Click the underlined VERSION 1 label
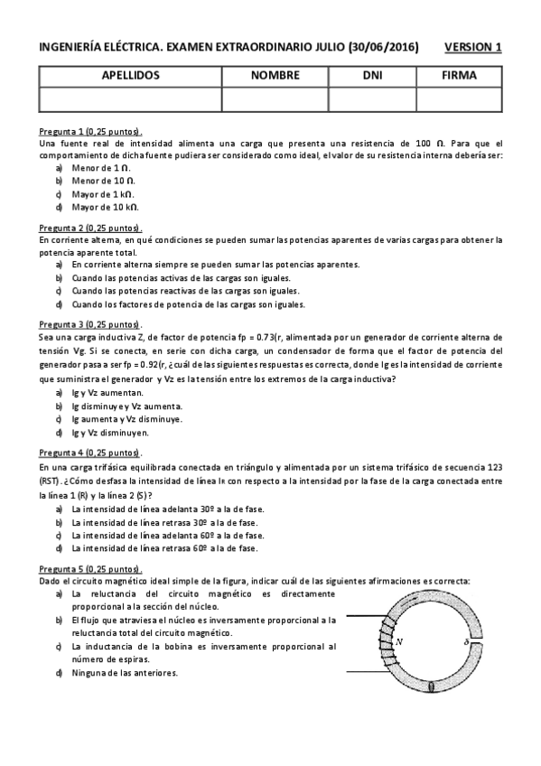pyautogui.click(x=473, y=47)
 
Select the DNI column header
pyautogui.click(x=373, y=76)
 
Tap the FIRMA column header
pyautogui.click(x=459, y=76)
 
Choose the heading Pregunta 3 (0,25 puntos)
pyautogui.click(x=90, y=323)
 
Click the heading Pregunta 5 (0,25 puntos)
pyautogui.click(x=90, y=569)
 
